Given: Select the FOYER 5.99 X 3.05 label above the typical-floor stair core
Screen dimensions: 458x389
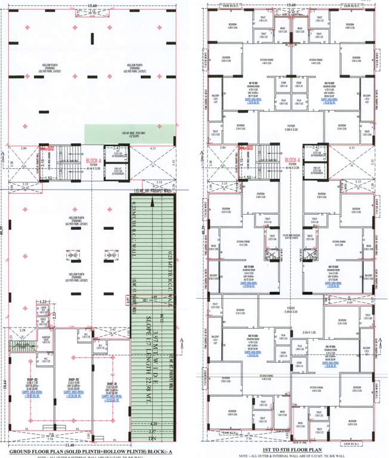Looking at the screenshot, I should pos(291,127).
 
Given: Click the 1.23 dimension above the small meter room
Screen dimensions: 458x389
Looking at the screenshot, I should pos(25,303).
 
